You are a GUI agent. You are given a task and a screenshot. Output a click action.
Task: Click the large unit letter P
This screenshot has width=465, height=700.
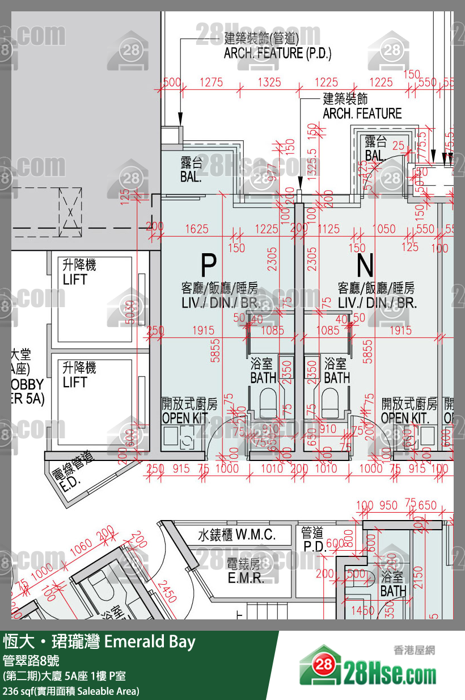click(209, 265)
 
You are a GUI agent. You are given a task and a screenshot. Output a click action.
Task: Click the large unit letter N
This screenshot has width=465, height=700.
click(365, 265)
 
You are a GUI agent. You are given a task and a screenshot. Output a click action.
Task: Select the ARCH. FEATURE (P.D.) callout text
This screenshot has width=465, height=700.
click(277, 53)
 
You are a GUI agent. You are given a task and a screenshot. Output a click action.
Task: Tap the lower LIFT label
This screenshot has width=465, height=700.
click(75, 382)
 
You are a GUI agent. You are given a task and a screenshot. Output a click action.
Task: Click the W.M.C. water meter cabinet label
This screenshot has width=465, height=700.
click(236, 535)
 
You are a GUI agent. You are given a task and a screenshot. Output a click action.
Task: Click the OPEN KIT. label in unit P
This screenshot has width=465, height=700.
click(187, 418)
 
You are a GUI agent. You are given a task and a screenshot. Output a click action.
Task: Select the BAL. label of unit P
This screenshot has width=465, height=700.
click(191, 177)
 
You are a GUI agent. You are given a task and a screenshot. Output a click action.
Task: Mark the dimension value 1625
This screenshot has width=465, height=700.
click(197, 229)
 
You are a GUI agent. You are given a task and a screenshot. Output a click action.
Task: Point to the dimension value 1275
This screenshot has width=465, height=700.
click(212, 82)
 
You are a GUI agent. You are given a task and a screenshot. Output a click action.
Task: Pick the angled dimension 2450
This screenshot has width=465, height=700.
click(167, 591)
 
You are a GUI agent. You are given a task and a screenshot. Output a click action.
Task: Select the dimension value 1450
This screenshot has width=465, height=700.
click(362, 611)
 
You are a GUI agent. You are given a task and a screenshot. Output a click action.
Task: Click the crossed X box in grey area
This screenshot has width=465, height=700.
click(70, 211)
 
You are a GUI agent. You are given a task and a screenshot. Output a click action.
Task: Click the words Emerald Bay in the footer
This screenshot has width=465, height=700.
click(150, 643)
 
